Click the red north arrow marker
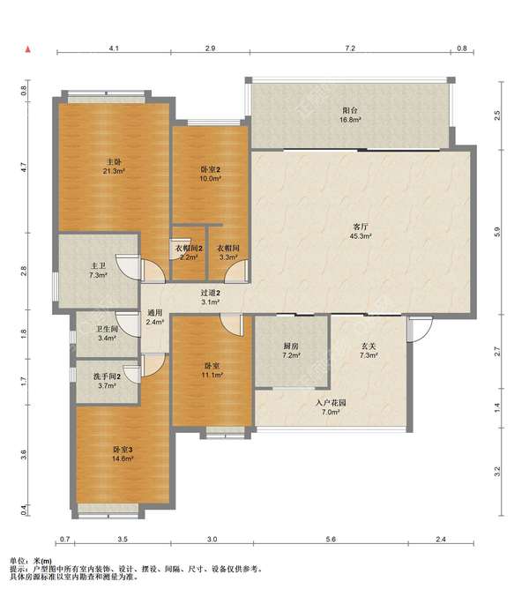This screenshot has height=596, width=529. (x=27, y=49)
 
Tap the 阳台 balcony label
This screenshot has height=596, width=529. (x=350, y=110)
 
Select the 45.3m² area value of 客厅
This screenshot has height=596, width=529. (x=361, y=236)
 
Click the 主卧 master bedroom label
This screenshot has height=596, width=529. (x=114, y=162)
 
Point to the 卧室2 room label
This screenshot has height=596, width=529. (x=210, y=169)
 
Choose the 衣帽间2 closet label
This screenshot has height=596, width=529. (x=189, y=249)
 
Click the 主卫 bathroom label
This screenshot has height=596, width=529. (x=98, y=266)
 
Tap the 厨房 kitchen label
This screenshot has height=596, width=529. (x=291, y=346)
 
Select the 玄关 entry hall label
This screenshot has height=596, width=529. (x=369, y=346)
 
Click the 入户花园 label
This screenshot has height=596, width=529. (x=331, y=403)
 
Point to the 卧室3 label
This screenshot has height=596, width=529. (x=123, y=450)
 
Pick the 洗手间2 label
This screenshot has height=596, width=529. (x=107, y=376)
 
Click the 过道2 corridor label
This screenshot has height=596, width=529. (x=210, y=293)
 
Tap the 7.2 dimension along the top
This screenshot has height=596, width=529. (x=350, y=48)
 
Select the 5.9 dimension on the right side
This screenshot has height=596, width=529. (x=497, y=232)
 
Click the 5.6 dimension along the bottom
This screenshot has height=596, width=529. (x=331, y=539)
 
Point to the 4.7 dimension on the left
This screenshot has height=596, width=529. (x=24, y=168)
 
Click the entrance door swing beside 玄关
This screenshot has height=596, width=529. (x=420, y=329)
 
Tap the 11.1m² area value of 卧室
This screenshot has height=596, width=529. (x=212, y=375)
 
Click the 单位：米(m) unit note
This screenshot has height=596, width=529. (x=31, y=561)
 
